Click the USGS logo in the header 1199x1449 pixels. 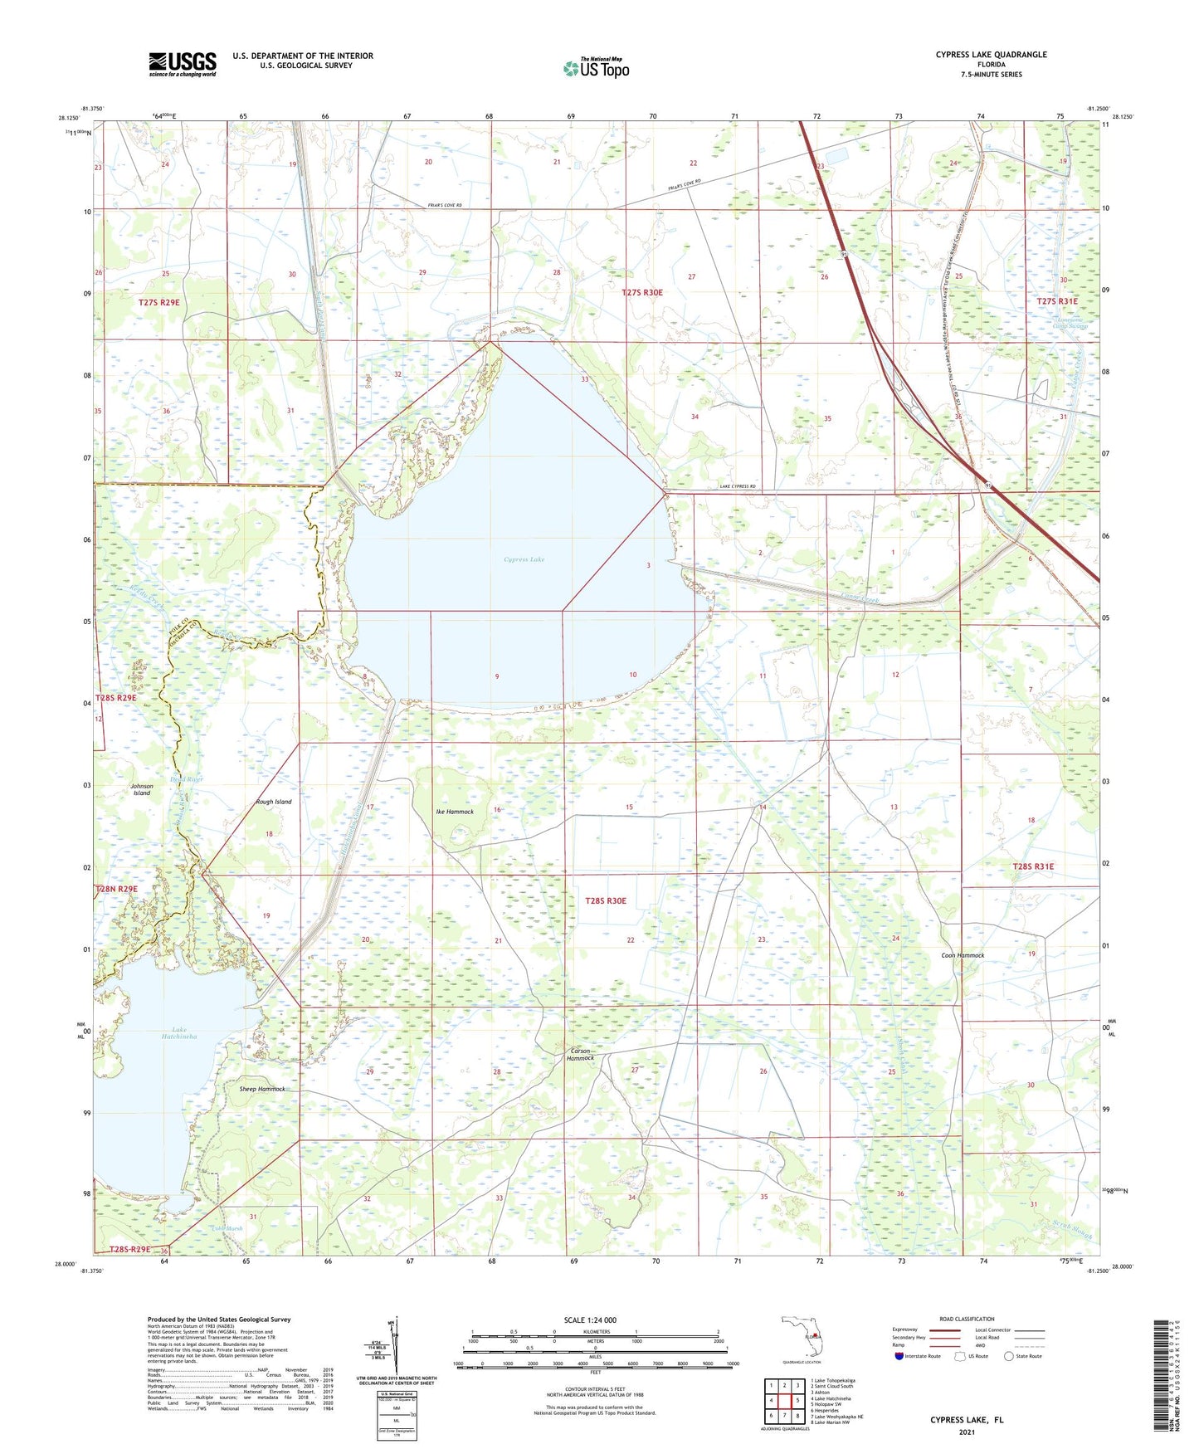[x=183, y=64]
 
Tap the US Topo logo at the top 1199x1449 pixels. [x=596, y=68]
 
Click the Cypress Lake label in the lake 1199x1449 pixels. [x=524, y=559]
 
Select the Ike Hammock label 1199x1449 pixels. [x=455, y=812]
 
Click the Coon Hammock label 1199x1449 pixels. [x=963, y=955]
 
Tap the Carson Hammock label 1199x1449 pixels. [x=580, y=1054]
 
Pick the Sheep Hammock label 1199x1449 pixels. [x=261, y=1089]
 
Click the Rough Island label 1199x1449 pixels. [x=274, y=802]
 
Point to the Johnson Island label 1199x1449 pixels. [x=142, y=789]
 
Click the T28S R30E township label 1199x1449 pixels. [x=606, y=900]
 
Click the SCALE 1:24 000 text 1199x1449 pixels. [x=590, y=1320]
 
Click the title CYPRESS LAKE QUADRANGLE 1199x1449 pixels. [x=991, y=55]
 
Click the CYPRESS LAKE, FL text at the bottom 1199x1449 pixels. [x=967, y=1420]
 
